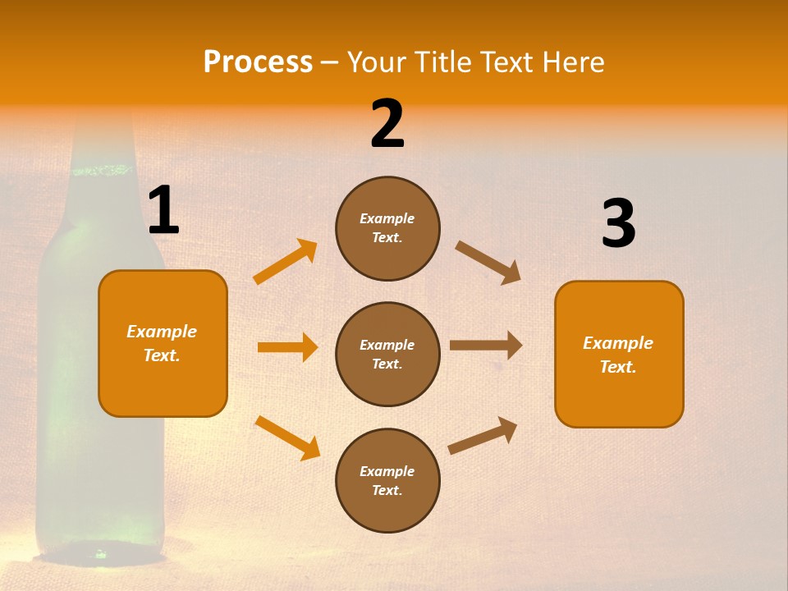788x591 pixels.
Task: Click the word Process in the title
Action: click(258, 62)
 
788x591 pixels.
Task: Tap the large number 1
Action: click(163, 211)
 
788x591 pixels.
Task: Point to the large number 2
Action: click(387, 124)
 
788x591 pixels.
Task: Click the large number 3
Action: click(618, 224)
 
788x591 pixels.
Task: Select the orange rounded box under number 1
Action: click(163, 343)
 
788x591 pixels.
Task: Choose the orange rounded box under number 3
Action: click(619, 354)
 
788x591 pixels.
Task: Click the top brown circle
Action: click(387, 228)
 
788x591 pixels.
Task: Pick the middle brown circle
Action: click(387, 354)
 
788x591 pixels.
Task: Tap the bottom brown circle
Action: click(387, 480)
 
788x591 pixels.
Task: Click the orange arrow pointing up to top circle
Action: click(286, 262)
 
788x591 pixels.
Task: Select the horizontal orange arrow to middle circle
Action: click(287, 347)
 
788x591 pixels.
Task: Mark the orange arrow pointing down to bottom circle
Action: click(287, 438)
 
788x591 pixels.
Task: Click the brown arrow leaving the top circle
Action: click(488, 262)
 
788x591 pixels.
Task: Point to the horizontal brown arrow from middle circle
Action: click(486, 346)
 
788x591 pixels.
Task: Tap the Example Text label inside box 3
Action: click(618, 355)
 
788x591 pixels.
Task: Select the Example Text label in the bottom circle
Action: click(387, 481)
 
